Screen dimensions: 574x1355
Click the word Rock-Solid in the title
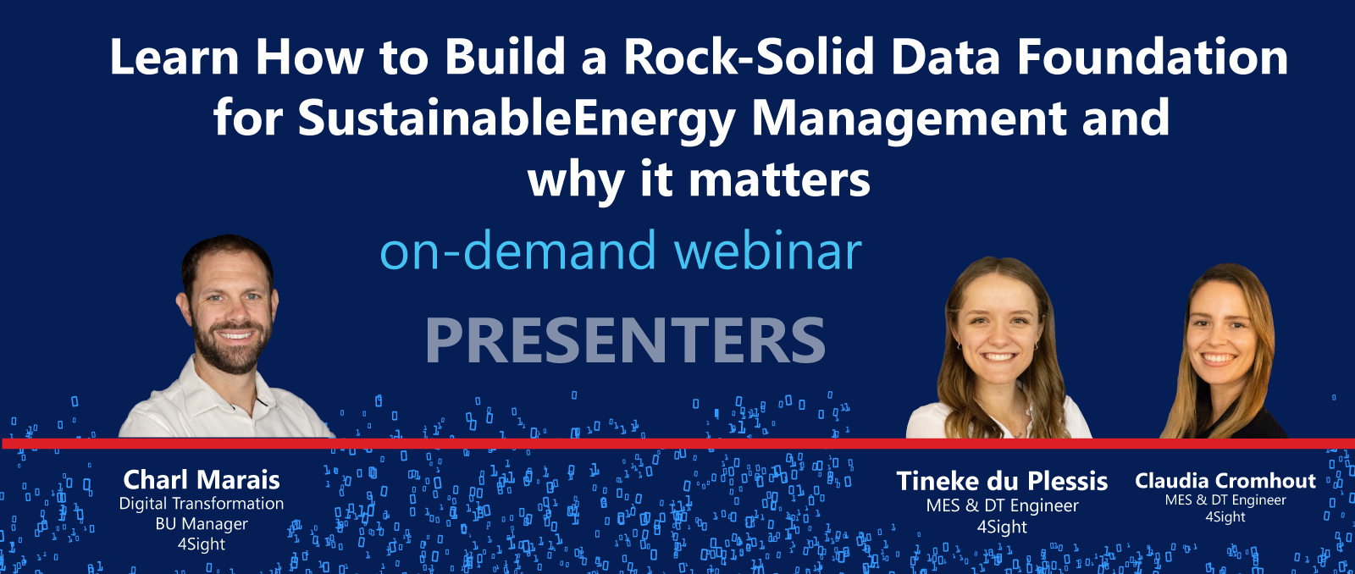[x=749, y=58]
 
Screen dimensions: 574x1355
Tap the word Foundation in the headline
[x=1152, y=58]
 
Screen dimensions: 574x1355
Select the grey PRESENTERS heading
[x=625, y=340]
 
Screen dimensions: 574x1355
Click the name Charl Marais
[x=202, y=480]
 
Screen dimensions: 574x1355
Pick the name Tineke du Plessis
[x=1002, y=482]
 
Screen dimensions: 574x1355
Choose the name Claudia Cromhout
[x=1225, y=481]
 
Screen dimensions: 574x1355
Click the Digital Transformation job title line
[x=202, y=504]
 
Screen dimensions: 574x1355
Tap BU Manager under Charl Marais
[x=202, y=524]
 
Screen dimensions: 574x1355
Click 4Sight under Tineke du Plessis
[x=1002, y=527]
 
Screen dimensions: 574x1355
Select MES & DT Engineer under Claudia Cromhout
[x=1225, y=500]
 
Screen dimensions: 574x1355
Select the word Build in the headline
[x=505, y=58]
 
